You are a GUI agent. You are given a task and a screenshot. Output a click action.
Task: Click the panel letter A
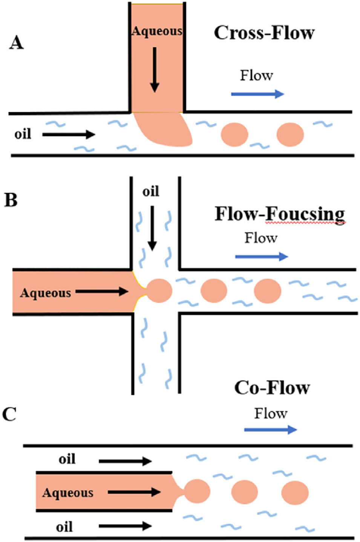[16, 43]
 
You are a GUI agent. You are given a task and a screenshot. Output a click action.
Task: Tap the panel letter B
[11, 200]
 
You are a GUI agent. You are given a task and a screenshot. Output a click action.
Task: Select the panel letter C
[9, 414]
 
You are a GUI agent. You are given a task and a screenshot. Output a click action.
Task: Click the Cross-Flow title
[264, 33]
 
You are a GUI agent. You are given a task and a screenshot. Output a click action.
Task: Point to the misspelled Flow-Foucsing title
[280, 214]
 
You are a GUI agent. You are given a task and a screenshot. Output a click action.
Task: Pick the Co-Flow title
[272, 388]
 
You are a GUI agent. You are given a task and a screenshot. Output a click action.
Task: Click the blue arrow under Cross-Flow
[257, 94]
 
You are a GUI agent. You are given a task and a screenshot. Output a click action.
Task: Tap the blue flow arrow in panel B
[261, 257]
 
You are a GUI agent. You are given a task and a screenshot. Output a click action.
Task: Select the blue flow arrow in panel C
[270, 430]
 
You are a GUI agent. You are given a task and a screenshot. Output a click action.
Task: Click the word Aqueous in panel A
[157, 31]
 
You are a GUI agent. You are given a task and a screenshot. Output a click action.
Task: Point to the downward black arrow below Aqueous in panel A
[155, 70]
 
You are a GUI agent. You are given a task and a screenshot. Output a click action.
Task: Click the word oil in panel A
[23, 134]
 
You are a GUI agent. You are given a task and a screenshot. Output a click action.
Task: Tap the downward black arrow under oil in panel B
[152, 228]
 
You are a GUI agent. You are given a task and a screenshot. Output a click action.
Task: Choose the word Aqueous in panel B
[46, 293]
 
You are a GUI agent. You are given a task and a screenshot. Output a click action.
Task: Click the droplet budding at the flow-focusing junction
[159, 291]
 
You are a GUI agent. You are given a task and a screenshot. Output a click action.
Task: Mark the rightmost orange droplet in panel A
[290, 134]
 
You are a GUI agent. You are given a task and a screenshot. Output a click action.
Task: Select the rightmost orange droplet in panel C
[295, 492]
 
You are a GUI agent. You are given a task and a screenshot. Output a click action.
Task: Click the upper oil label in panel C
[67, 459]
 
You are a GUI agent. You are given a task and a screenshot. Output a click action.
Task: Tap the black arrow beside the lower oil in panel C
[125, 526]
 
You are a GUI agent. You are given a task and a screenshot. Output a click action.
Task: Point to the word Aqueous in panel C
[68, 493]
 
